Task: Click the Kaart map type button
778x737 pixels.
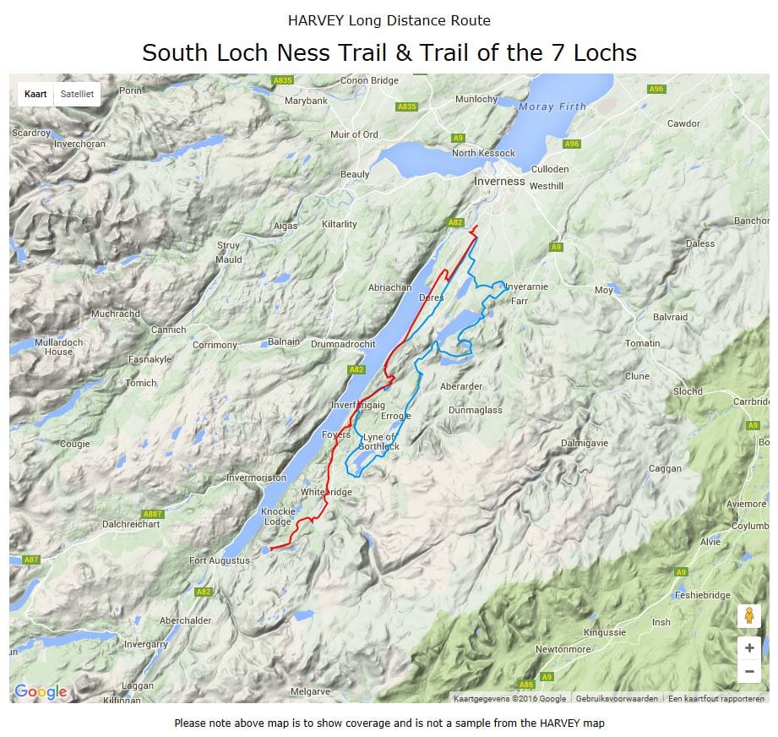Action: coord(35,94)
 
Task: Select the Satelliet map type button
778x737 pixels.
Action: coord(77,94)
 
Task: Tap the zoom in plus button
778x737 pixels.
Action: coord(748,648)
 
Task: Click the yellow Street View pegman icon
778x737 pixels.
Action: coord(748,616)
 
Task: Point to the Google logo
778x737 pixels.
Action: coord(41,692)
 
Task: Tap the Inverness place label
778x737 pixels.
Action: coord(499,181)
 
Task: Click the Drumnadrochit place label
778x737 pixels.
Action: coord(342,344)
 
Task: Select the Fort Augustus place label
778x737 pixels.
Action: coord(220,560)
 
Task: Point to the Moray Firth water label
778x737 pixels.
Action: coord(552,106)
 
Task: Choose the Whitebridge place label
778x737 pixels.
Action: coord(326,492)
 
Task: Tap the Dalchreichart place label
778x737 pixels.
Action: coord(131,524)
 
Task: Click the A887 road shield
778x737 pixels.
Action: coord(152,514)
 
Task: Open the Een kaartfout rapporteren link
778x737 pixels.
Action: coord(715,698)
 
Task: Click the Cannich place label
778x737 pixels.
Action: coord(168,330)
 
